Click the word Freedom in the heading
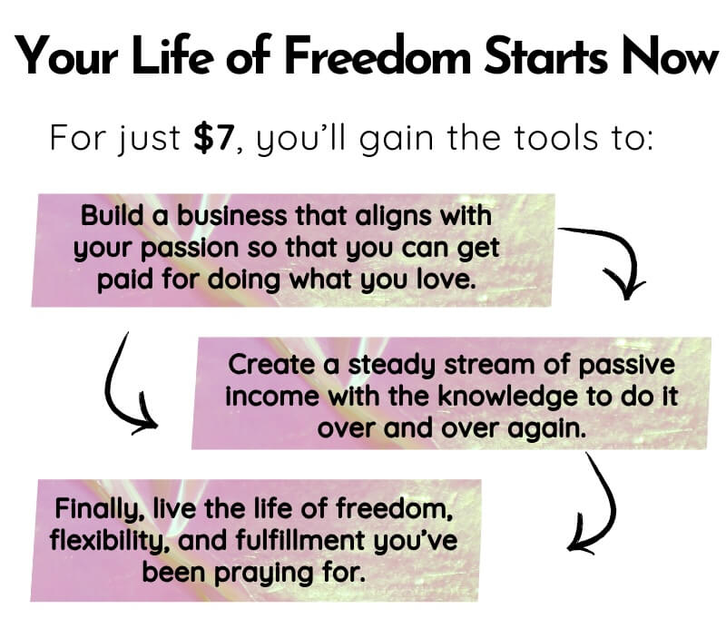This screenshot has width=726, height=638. point(378,55)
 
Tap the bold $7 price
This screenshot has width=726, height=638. point(213,138)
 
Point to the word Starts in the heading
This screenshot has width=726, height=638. point(545,55)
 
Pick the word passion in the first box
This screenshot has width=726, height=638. point(191,250)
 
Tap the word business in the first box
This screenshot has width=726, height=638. point(232,216)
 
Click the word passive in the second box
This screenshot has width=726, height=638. point(626,366)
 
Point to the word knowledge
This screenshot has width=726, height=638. point(507,398)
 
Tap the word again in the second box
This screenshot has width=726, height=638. point(547,429)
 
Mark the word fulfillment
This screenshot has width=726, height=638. point(300,540)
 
